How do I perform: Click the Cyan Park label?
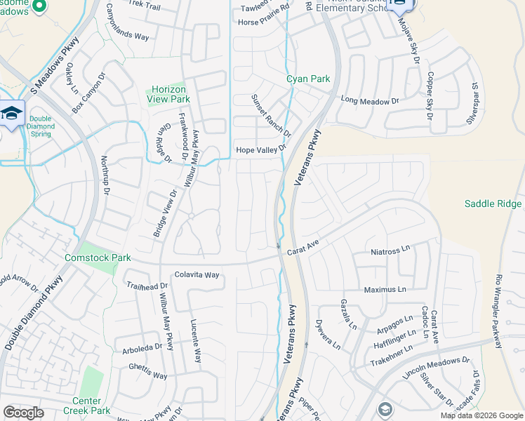coord(308,79)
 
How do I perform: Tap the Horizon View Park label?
coord(169,95)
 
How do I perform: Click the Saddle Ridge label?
coord(493,203)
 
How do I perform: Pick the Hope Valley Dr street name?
coord(261,149)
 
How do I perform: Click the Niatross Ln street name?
coord(390,250)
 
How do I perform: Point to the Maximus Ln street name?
coord(385,289)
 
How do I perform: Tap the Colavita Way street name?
coord(197,275)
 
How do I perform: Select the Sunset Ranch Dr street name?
coord(271,116)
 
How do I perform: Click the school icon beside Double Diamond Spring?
coord(11,114)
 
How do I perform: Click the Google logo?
coord(23,413)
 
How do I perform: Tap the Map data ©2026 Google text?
coord(481,415)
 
